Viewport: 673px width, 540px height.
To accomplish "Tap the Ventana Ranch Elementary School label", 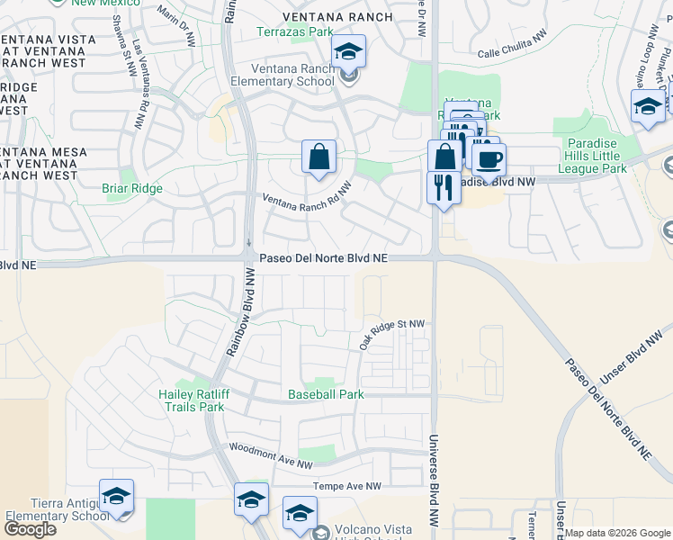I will pos(285,76).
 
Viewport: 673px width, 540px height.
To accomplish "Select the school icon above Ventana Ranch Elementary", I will pos(348,51).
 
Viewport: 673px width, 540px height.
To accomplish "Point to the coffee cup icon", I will pos(489,159).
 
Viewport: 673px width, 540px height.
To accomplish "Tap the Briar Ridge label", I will pos(132,189).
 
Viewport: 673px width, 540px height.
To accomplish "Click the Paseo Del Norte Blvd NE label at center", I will pos(324,258).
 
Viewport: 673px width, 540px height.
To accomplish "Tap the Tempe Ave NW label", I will pos(347,486).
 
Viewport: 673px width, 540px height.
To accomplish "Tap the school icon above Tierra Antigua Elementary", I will pos(116,496).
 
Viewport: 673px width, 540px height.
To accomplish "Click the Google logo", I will pos(30,529).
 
